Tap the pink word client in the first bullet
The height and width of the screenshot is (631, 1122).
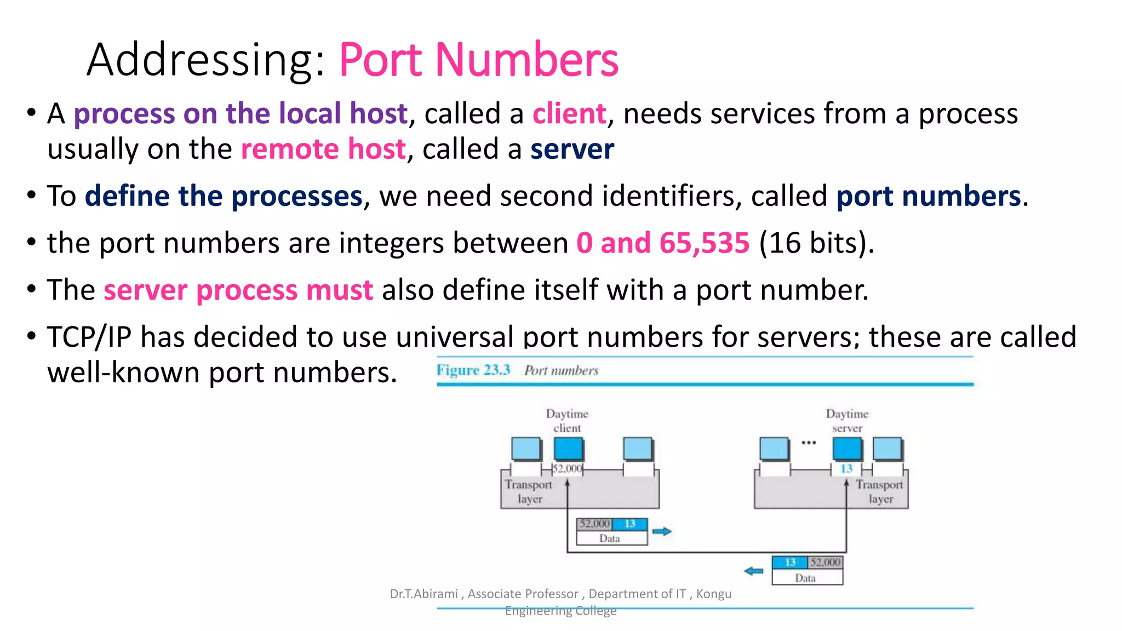[569, 114]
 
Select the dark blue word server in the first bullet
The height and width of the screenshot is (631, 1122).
[573, 149]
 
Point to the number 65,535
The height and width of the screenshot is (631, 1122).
[704, 243]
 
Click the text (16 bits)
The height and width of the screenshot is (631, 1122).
[816, 243]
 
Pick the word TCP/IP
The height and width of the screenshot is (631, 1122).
[89, 336]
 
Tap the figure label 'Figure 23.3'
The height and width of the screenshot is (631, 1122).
[473, 370]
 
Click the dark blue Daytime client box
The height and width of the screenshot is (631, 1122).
[568, 449]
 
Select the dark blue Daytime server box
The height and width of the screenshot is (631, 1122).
[846, 449]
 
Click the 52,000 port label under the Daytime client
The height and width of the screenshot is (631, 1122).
[567, 469]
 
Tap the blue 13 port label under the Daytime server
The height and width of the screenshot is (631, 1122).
[846, 469]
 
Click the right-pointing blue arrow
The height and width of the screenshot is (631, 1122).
[662, 531]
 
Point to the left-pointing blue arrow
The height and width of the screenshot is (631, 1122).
[754, 571]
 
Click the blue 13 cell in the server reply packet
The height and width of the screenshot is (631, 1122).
[790, 563]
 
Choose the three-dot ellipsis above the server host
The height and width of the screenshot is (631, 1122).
[809, 443]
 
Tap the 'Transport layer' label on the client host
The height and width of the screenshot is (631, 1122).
[529, 491]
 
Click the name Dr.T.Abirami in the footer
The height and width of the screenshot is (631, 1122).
[423, 594]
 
